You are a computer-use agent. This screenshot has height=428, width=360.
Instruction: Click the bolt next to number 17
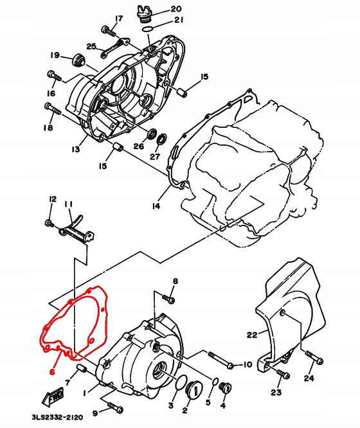[107, 30]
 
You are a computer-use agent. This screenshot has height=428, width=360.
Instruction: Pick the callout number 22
[252, 335]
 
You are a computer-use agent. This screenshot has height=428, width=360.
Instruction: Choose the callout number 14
[155, 206]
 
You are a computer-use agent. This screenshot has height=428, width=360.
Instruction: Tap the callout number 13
[75, 149]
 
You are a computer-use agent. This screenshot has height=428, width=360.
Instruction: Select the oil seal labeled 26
[153, 134]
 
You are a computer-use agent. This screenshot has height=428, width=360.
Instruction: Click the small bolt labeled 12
[50, 223]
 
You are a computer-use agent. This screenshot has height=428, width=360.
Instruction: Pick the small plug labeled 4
[224, 388]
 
